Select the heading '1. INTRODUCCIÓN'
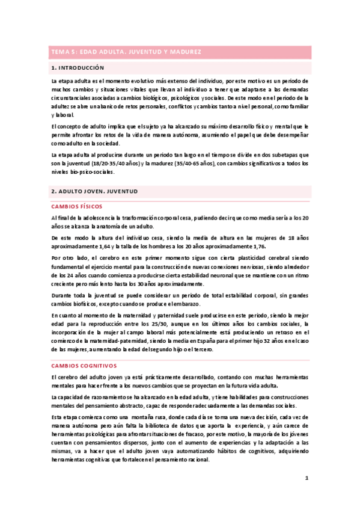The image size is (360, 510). [78, 68]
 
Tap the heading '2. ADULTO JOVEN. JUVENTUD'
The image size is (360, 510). [95, 191]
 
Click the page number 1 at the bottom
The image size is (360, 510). [306, 478]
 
